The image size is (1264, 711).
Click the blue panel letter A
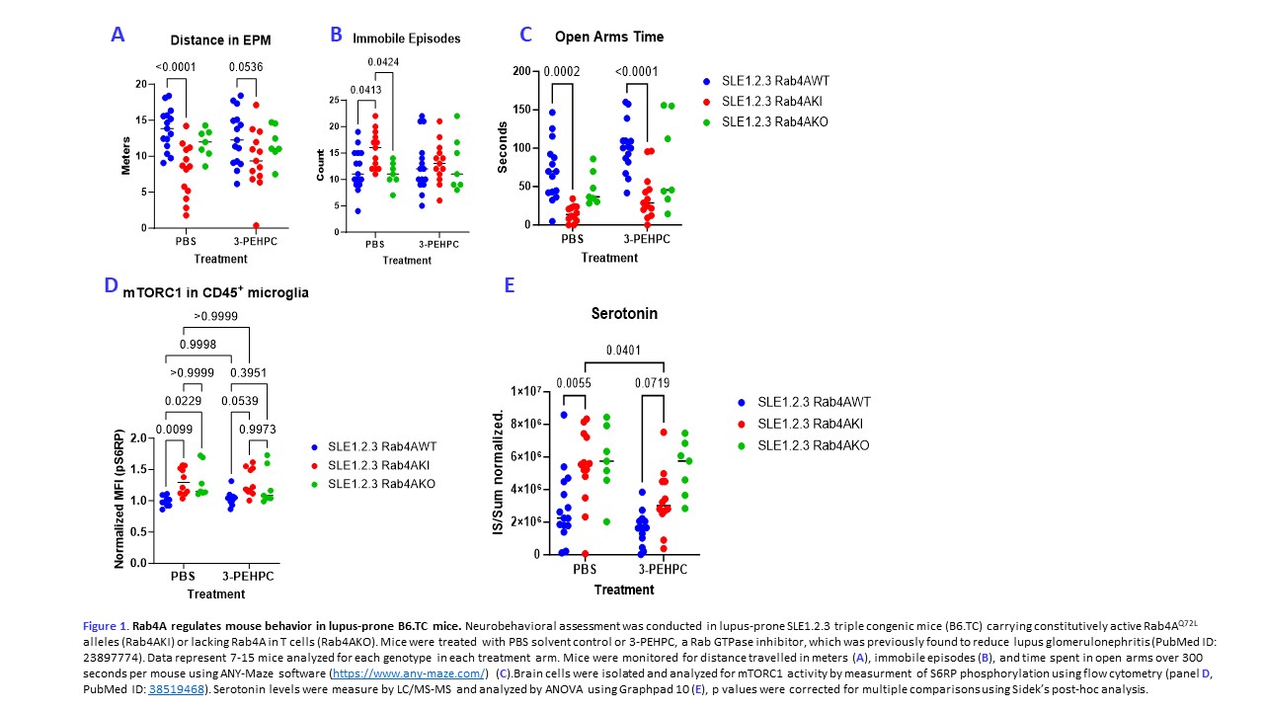pos(118,35)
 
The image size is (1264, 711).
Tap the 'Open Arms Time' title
pos(608,37)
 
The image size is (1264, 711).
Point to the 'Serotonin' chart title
pos(624,313)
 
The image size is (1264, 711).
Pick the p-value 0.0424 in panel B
pos(384,63)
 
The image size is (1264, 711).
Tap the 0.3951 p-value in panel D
pos(249,371)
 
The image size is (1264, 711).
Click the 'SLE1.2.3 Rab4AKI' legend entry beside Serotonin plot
pos(814,424)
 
